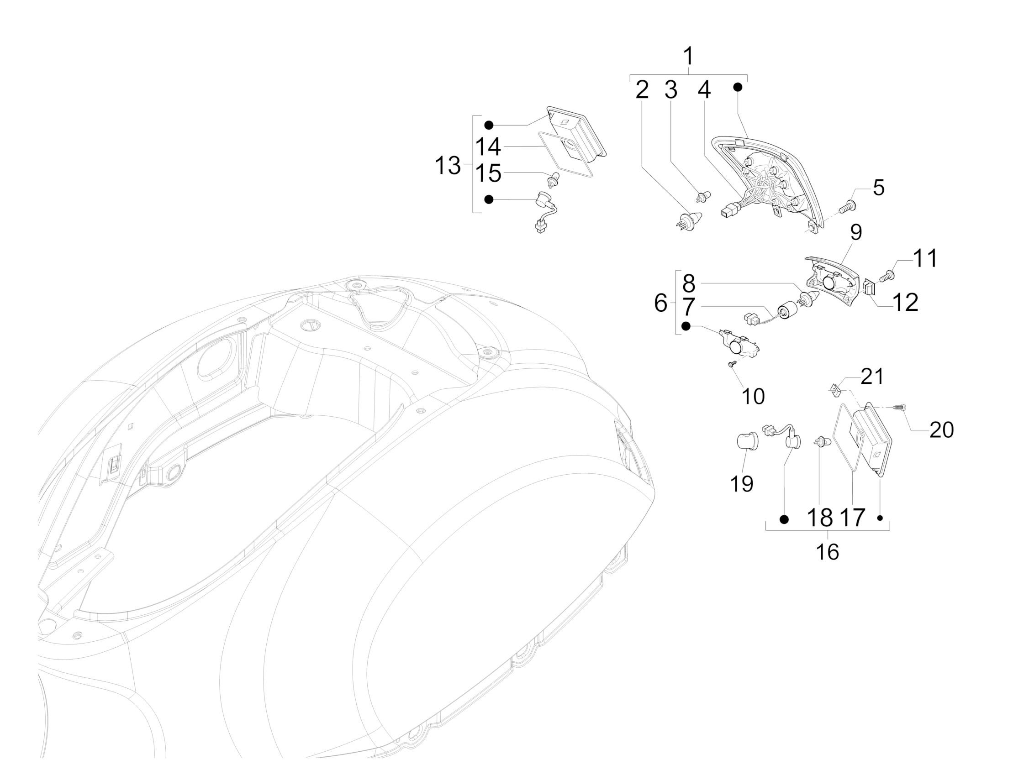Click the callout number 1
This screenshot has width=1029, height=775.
coord(688,57)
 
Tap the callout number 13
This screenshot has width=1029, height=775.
coord(447,166)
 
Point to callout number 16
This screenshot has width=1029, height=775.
coord(828,552)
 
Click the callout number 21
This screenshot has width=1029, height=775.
coord(872,377)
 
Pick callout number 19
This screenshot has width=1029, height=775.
coord(742,483)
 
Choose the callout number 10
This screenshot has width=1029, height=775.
coord(753,396)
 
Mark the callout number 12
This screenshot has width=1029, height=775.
coord(905,303)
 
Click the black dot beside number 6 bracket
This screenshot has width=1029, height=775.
coord(686,326)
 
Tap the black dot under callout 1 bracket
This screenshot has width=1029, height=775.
coord(738,87)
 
